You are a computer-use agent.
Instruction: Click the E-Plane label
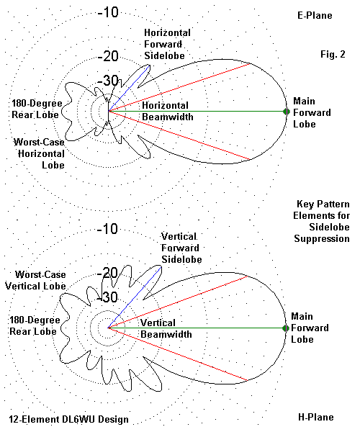[x=315, y=15]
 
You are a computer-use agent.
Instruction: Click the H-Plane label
[x=316, y=417]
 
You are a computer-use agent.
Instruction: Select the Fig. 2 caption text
[x=333, y=54]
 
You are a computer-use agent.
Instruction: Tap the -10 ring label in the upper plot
[x=108, y=12]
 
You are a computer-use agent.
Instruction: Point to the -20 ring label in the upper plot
[x=108, y=56]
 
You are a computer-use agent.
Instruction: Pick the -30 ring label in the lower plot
[x=108, y=297]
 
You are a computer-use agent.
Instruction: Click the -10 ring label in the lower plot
[x=107, y=229]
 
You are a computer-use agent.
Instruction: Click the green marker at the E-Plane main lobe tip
[x=287, y=112]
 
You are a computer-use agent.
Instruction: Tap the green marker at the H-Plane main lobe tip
[x=286, y=328]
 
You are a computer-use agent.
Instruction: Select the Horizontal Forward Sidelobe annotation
[x=167, y=44]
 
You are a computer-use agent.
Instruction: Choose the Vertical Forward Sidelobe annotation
[x=181, y=248]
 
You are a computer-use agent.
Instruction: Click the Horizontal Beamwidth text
[x=168, y=112]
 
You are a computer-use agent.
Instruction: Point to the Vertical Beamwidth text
[x=166, y=329]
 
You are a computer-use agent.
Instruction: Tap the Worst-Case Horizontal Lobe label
[x=40, y=154]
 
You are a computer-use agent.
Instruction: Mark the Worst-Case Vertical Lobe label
[x=35, y=280]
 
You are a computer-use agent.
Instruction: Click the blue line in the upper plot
[x=129, y=88]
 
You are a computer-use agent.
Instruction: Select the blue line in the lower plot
[x=135, y=297]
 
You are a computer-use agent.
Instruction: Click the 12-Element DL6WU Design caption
[x=68, y=419]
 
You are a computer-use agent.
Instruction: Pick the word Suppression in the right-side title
[x=322, y=238]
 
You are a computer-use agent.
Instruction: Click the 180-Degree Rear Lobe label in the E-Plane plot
[x=37, y=109]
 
